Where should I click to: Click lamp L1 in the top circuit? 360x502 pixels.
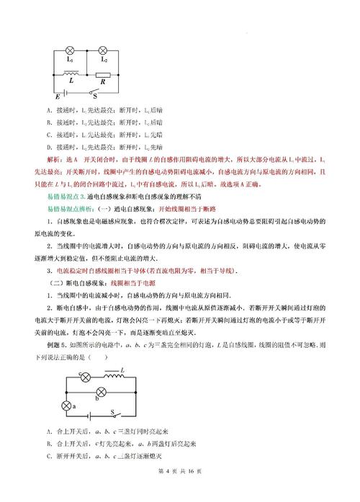tap(71, 50)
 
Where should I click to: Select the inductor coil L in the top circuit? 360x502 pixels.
tap(71, 73)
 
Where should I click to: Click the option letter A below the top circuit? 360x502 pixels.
tap(48, 110)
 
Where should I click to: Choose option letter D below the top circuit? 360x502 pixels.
tap(48, 147)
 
